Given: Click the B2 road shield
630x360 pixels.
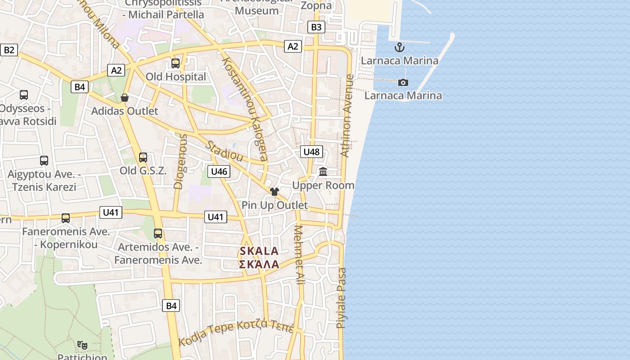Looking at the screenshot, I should pyautogui.click(x=9, y=49).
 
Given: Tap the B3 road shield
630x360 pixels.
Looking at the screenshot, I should pyautogui.click(x=316, y=27).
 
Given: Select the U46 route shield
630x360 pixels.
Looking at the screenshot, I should pyautogui.click(x=219, y=171).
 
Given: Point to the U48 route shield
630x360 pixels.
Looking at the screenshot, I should pyautogui.click(x=311, y=152).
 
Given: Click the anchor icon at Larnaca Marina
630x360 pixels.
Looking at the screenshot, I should pyautogui.click(x=399, y=47).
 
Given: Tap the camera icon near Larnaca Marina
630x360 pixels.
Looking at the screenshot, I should pyautogui.click(x=403, y=82).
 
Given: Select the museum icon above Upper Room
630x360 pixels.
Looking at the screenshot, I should pyautogui.click(x=323, y=171).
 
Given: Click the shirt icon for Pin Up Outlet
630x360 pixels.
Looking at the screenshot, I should pyautogui.click(x=274, y=192).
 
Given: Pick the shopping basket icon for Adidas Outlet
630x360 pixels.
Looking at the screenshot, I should pyautogui.click(x=125, y=98).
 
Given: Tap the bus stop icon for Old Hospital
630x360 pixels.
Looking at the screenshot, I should pyautogui.click(x=175, y=63).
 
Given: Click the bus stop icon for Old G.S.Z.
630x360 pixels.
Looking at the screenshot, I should pyautogui.click(x=143, y=157).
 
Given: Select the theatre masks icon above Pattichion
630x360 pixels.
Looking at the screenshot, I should pyautogui.click(x=82, y=345).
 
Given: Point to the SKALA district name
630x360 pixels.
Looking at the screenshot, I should pyautogui.click(x=259, y=251).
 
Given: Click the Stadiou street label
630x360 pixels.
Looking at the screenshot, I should pyautogui.click(x=225, y=151).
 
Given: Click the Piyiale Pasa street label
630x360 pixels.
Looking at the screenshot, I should pyautogui.click(x=342, y=297).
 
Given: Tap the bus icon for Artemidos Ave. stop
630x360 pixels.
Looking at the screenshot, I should pyautogui.click(x=158, y=234).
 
